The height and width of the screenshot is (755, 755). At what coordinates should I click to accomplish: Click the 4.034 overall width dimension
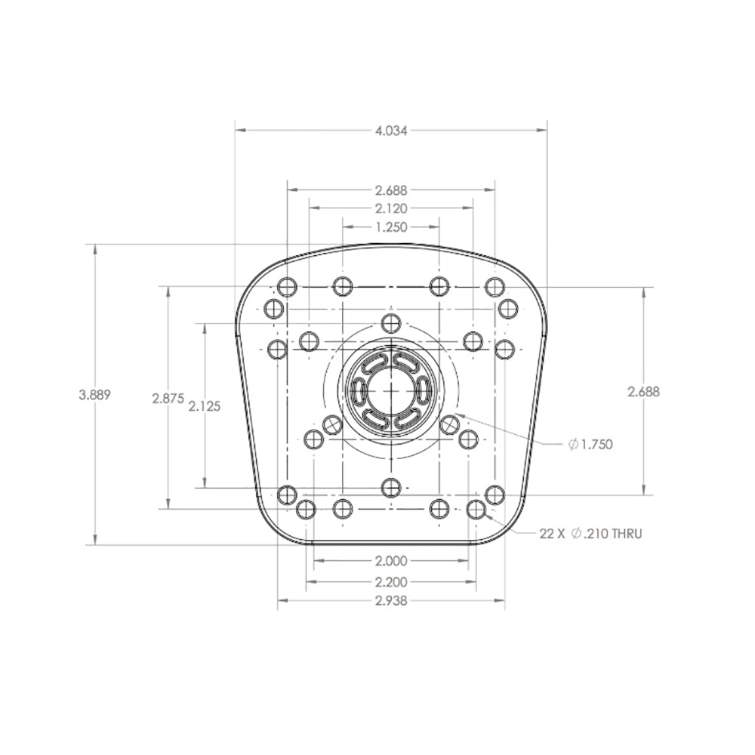click(x=391, y=130)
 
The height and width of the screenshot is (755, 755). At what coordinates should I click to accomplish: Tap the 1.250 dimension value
click(x=391, y=226)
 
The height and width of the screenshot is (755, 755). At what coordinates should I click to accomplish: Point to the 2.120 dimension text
click(x=391, y=208)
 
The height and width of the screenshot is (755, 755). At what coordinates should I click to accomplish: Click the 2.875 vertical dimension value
click(x=168, y=398)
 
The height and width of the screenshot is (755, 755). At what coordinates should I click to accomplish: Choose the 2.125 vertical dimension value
click(x=205, y=405)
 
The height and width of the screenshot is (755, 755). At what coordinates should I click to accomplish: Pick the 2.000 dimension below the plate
click(x=391, y=561)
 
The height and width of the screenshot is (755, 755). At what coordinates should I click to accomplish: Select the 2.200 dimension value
click(x=391, y=582)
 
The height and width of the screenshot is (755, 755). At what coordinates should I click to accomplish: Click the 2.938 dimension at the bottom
click(x=391, y=602)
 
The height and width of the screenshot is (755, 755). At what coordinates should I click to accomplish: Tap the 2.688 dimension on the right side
click(x=643, y=391)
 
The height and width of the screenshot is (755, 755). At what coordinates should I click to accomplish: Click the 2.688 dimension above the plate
click(x=391, y=190)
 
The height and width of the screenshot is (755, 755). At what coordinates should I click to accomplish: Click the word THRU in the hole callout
click(x=627, y=534)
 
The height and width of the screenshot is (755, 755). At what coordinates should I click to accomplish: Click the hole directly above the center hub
click(x=390, y=323)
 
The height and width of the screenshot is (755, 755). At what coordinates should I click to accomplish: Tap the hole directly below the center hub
click(x=390, y=487)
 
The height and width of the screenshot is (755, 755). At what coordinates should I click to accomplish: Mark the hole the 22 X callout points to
click(x=476, y=510)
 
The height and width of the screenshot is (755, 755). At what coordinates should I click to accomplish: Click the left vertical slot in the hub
click(x=359, y=391)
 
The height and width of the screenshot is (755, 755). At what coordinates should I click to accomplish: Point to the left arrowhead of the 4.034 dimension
click(x=239, y=130)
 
